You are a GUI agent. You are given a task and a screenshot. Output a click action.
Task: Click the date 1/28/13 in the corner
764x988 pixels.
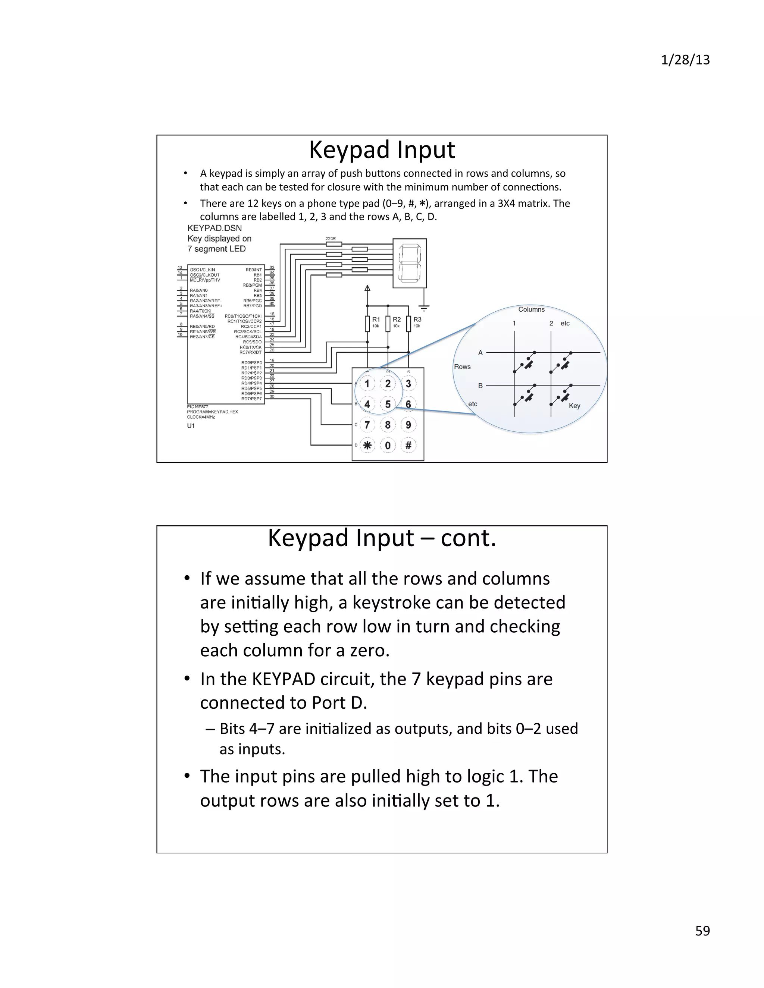(x=685, y=60)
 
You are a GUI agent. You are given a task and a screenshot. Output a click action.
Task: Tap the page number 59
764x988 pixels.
(x=702, y=931)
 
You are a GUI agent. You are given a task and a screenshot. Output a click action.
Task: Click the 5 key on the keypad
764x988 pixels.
(x=388, y=404)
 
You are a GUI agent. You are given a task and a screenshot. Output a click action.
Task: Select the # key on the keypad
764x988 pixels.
(x=408, y=445)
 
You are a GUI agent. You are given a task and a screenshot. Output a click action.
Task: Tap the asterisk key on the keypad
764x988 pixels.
(x=367, y=445)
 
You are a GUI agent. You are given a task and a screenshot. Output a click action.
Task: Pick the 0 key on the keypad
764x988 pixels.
(x=388, y=445)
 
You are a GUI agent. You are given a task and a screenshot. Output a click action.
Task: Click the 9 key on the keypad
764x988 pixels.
(x=408, y=425)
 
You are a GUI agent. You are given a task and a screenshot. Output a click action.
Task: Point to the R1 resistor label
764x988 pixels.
(x=376, y=320)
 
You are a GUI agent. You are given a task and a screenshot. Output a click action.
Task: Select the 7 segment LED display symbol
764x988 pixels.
(x=410, y=263)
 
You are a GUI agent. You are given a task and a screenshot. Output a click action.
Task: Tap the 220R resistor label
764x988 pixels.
(x=331, y=238)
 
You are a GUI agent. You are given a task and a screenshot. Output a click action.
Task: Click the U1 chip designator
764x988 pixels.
(x=191, y=426)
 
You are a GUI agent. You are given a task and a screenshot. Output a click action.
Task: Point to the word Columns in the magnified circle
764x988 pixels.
(x=531, y=309)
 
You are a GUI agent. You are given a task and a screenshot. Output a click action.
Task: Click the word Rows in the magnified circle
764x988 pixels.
(x=462, y=366)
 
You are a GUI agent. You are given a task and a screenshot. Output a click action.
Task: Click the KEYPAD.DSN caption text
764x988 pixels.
(x=215, y=228)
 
